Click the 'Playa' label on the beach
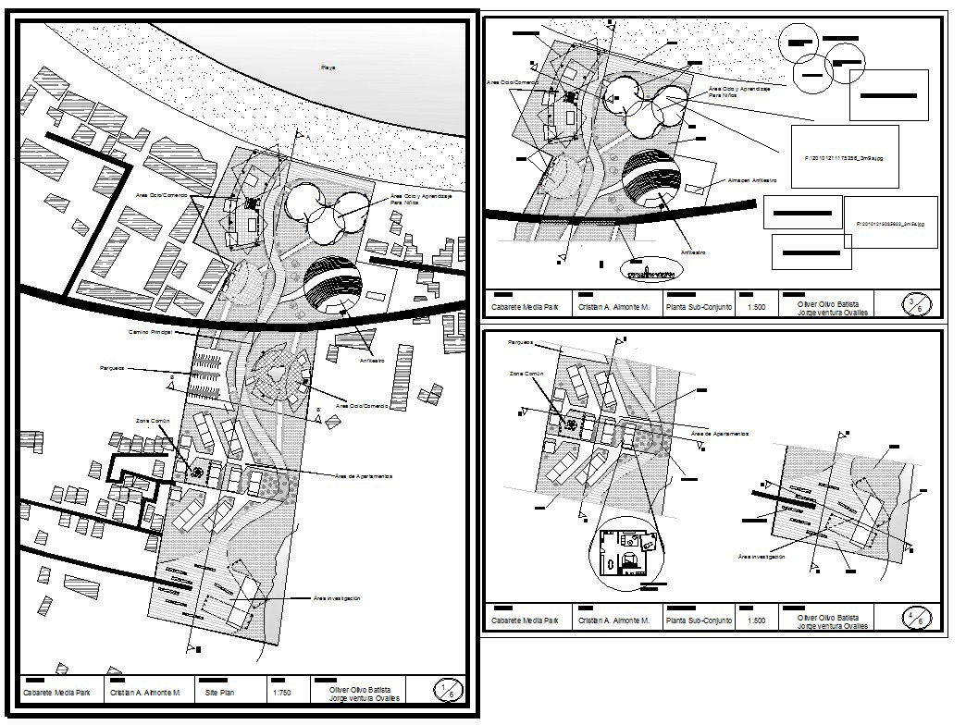coord(328,68)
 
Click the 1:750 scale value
coord(283,692)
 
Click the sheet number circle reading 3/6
coord(915,304)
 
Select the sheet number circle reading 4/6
coord(915,618)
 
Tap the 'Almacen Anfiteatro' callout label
coord(751,180)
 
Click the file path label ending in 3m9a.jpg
coord(891,223)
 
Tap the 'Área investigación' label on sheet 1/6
coord(337,598)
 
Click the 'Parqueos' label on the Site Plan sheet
coord(112,368)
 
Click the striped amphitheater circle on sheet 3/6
coord(652,181)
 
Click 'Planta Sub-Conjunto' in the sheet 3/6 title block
coord(699,308)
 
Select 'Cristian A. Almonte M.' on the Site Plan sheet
coord(150,692)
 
